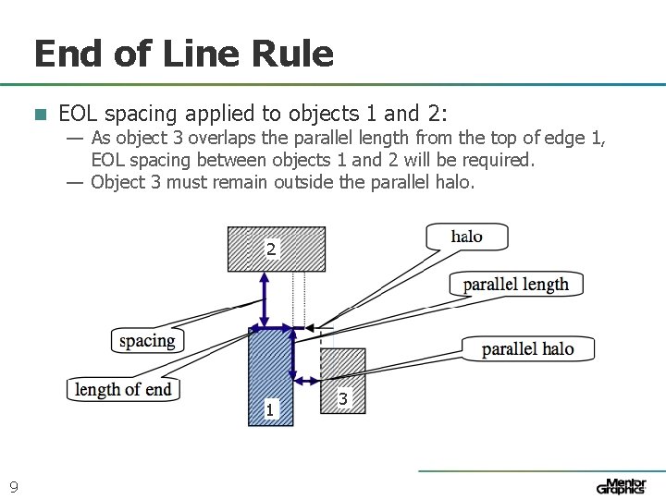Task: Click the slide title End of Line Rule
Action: [183, 54]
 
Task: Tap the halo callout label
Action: [467, 237]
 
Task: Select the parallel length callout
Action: [515, 284]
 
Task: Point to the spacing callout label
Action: [147, 340]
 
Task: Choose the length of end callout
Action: [123, 389]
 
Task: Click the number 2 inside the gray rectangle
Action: [271, 249]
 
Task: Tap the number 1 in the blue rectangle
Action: [269, 408]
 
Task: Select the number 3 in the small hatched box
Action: [343, 399]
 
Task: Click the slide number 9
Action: [14, 486]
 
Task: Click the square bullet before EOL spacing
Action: [40, 115]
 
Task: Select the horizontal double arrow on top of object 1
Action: [271, 327]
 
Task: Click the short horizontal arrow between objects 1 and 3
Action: [306, 379]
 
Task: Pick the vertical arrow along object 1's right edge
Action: [293, 351]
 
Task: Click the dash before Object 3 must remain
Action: [75, 182]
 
